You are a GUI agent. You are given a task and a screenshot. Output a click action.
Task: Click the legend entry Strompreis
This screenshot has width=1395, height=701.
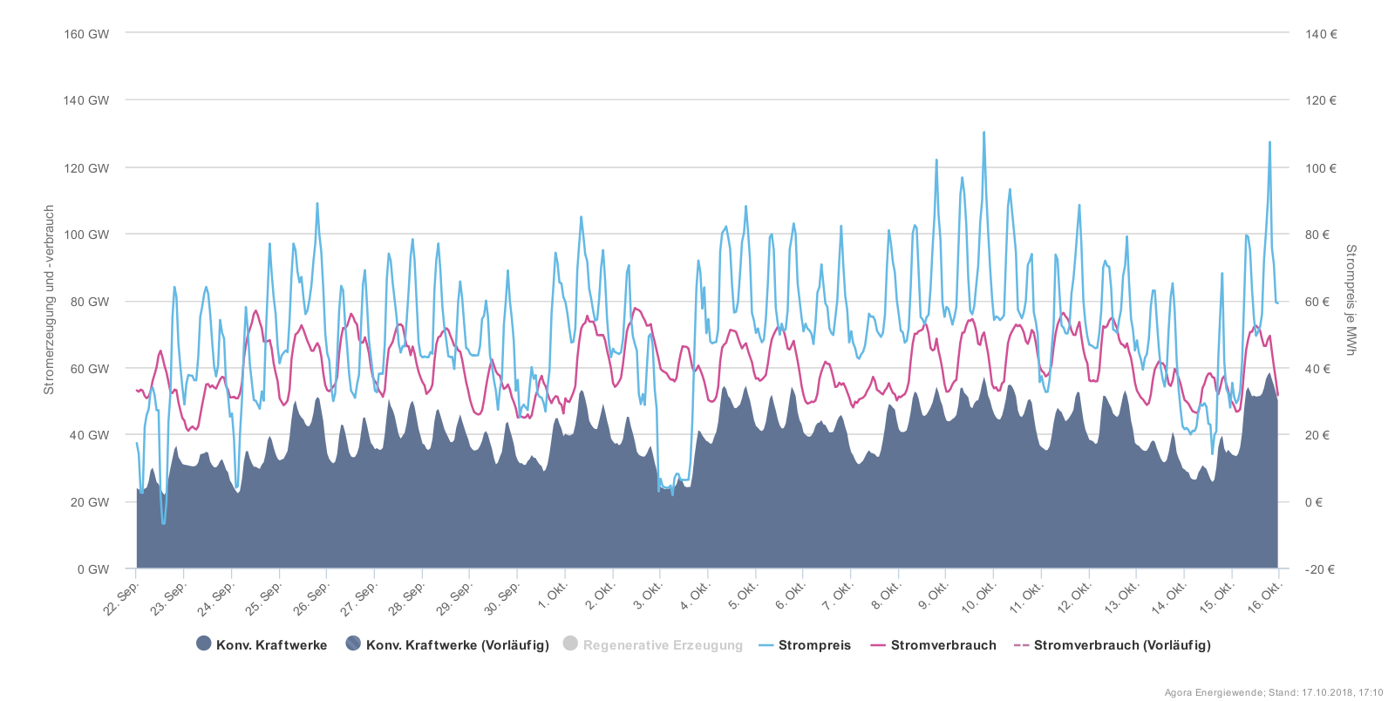coord(813,645)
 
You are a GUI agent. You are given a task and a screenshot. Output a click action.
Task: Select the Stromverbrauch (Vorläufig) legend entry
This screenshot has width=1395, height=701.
coord(1121,645)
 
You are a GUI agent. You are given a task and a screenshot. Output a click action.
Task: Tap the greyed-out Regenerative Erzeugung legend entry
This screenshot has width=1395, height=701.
coord(662,645)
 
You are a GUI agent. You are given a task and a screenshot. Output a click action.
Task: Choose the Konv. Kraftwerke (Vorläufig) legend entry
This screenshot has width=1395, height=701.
coord(457,645)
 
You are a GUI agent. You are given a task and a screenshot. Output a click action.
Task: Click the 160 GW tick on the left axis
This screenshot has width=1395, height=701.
coord(86,34)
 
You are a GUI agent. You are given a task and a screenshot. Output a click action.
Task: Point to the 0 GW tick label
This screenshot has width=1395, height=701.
coord(93,569)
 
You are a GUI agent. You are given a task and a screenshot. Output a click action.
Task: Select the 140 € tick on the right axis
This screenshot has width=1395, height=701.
coord(1321,34)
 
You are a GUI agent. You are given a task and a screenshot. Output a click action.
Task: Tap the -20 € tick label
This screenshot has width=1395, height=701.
coord(1319,569)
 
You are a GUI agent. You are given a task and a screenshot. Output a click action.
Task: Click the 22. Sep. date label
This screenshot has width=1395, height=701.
coord(122,598)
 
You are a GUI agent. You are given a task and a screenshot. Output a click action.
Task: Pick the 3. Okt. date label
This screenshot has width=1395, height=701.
coord(648,596)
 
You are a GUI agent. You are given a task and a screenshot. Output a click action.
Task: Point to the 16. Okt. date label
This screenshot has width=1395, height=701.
coord(1265,597)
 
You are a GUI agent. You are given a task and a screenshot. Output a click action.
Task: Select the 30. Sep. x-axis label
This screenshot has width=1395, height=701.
coord(503,598)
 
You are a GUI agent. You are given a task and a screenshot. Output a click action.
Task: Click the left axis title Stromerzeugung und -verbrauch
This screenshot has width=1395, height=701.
coord(50,300)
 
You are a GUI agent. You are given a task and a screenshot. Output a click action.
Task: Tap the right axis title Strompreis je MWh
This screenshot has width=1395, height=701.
coord(1351,300)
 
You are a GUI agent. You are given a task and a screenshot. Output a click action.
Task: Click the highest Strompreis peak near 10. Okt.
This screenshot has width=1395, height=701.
coord(984,133)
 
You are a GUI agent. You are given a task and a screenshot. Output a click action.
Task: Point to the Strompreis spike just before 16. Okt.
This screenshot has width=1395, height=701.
coord(1269,143)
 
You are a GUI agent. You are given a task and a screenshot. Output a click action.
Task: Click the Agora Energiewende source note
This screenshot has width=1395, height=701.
coord(1274,692)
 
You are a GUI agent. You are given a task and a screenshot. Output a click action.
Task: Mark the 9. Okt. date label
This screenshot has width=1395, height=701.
coord(934,596)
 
